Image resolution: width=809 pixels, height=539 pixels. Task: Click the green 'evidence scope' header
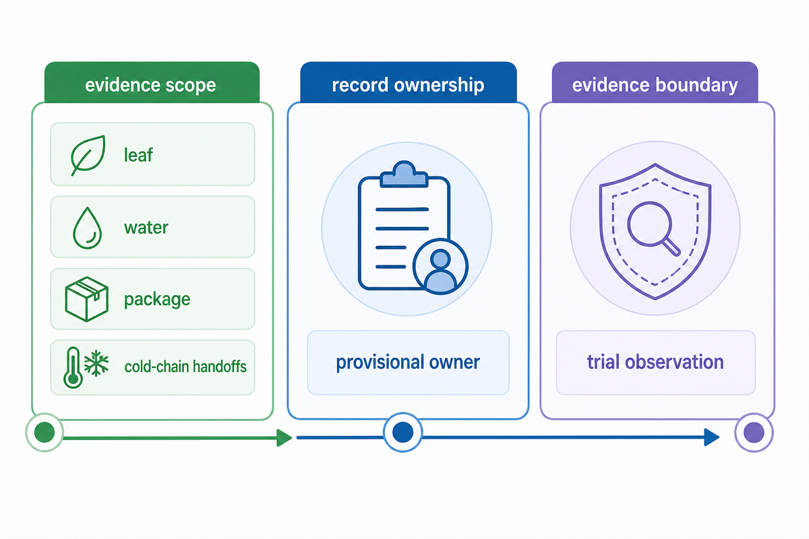pyautogui.click(x=152, y=82)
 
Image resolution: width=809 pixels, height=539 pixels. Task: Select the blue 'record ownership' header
pyautogui.click(x=409, y=82)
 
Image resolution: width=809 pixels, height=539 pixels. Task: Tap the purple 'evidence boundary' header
pyautogui.click(x=655, y=82)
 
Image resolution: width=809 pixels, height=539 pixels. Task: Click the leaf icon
pyautogui.click(x=88, y=155)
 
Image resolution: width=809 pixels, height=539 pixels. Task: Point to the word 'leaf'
pyautogui.click(x=138, y=155)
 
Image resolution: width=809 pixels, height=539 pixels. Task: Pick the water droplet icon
pyautogui.click(x=88, y=228)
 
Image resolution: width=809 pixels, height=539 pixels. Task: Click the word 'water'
pyautogui.click(x=146, y=228)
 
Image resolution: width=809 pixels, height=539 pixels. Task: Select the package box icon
pyautogui.click(x=87, y=299)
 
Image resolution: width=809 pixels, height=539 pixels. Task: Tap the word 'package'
pyautogui.click(x=157, y=300)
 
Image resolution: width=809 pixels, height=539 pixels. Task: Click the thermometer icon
pyautogui.click(x=73, y=367)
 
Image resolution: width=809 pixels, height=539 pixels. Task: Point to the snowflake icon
pyautogui.click(x=96, y=363)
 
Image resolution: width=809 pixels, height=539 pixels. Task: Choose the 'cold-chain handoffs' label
pyautogui.click(x=185, y=367)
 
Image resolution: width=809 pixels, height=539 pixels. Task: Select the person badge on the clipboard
pyautogui.click(x=441, y=267)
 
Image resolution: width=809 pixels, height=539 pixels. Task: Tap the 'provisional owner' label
pyautogui.click(x=408, y=362)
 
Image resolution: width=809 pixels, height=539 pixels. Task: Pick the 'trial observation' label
pyautogui.click(x=655, y=362)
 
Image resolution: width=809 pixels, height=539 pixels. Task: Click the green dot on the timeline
pyautogui.click(x=44, y=432)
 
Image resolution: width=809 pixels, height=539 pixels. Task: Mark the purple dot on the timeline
pyautogui.click(x=754, y=433)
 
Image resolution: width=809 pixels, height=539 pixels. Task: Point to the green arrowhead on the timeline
pyautogui.click(x=284, y=438)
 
